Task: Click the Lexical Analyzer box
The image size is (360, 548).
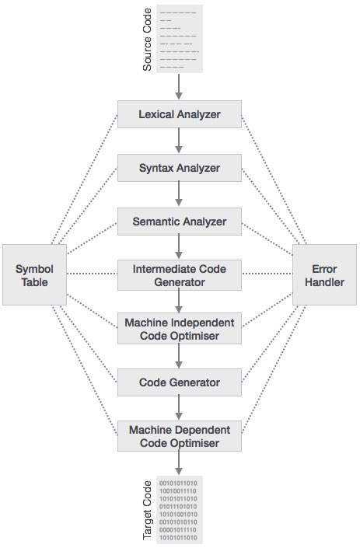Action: click(x=180, y=114)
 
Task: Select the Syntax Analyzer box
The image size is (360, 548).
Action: click(x=180, y=168)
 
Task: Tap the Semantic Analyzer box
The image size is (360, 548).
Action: click(x=180, y=222)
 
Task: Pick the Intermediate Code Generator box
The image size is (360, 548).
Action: click(x=180, y=274)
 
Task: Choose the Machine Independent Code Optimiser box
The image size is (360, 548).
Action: click(x=180, y=329)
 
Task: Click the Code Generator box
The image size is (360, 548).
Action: click(x=180, y=382)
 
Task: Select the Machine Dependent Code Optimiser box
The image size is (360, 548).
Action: click(x=180, y=436)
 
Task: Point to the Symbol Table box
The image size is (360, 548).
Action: click(x=32, y=274)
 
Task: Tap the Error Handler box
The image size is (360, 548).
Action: click(x=324, y=274)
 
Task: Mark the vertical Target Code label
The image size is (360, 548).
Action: click(x=146, y=510)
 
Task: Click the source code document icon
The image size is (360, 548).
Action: click(x=180, y=38)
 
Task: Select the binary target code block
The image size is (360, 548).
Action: click(x=180, y=510)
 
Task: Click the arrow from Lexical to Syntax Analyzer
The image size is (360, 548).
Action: click(x=180, y=141)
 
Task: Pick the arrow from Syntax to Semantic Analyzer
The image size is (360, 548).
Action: click(x=180, y=194)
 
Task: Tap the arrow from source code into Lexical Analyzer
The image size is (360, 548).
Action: click(x=180, y=86)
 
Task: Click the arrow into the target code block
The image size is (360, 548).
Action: click(x=180, y=464)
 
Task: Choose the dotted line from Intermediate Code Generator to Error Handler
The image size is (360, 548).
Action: click(x=267, y=274)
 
